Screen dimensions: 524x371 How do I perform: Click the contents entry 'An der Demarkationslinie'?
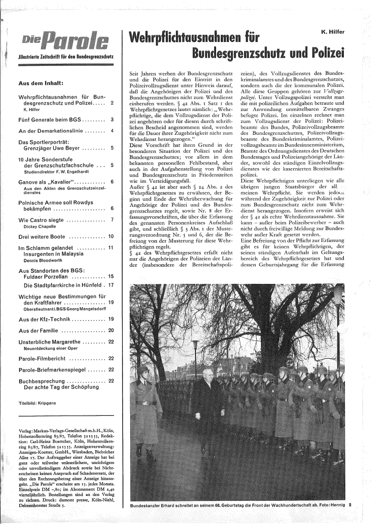(51, 130)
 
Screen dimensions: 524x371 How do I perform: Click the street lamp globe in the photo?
(195, 343)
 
